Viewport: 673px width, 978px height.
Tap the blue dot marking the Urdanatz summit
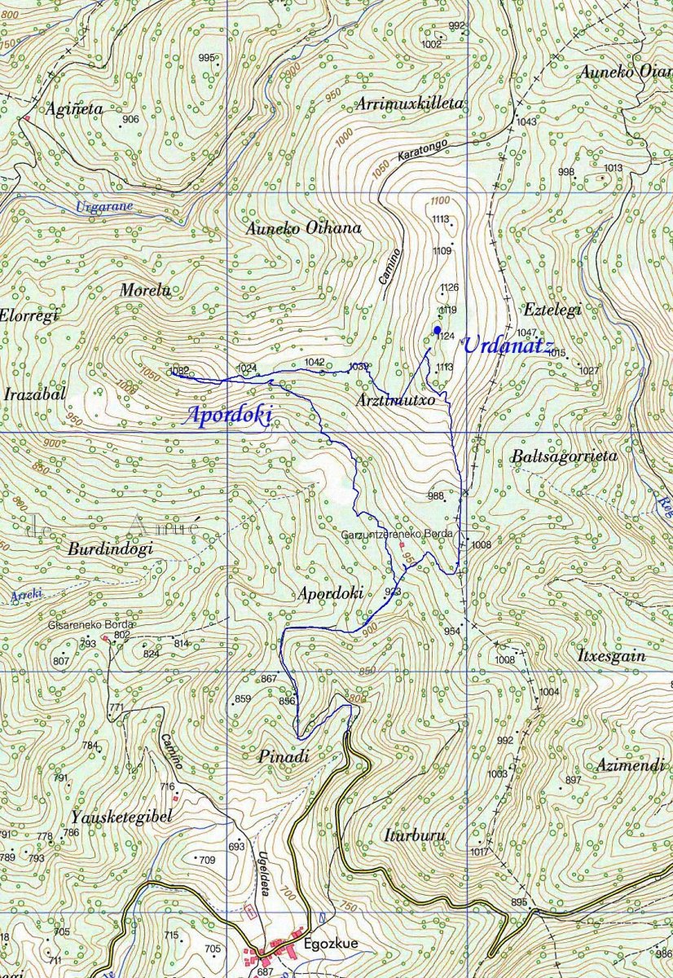438,329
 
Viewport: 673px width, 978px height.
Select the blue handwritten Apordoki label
228,415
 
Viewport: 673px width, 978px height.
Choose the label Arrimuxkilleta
410,104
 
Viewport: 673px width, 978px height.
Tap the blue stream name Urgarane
103,206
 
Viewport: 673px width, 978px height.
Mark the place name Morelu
146,289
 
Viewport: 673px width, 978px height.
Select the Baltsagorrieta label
565,456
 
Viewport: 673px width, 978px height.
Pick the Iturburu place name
411,835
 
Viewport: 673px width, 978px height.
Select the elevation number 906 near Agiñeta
130,120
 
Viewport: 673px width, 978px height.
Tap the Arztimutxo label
395,401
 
